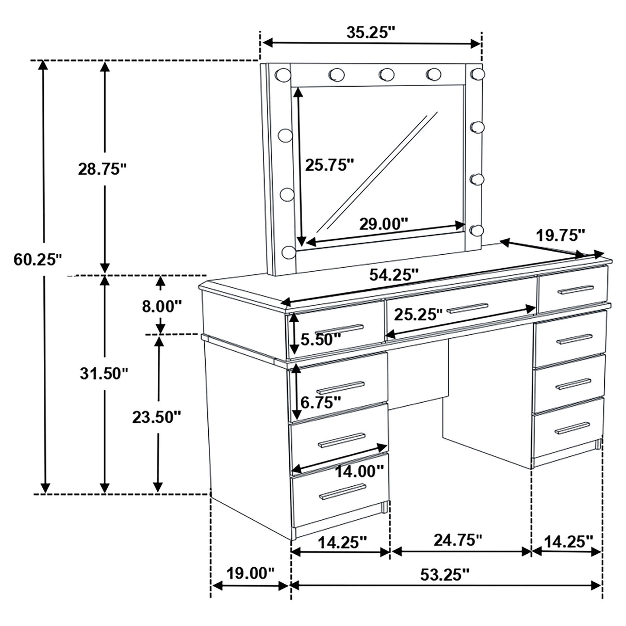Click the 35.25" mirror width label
tap(370, 32)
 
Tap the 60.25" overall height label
tap(37, 259)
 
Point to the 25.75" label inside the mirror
tap(330, 164)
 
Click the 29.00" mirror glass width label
tap(383, 224)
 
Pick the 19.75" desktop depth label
tap(561, 236)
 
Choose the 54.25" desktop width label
tap(393, 274)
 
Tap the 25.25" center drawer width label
tap(418, 314)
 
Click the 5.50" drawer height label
tap(321, 339)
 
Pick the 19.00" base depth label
tap(250, 573)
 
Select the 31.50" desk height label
tap(103, 373)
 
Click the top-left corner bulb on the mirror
tap(282, 75)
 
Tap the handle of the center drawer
tap(467, 308)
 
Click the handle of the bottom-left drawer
tap(339, 493)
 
